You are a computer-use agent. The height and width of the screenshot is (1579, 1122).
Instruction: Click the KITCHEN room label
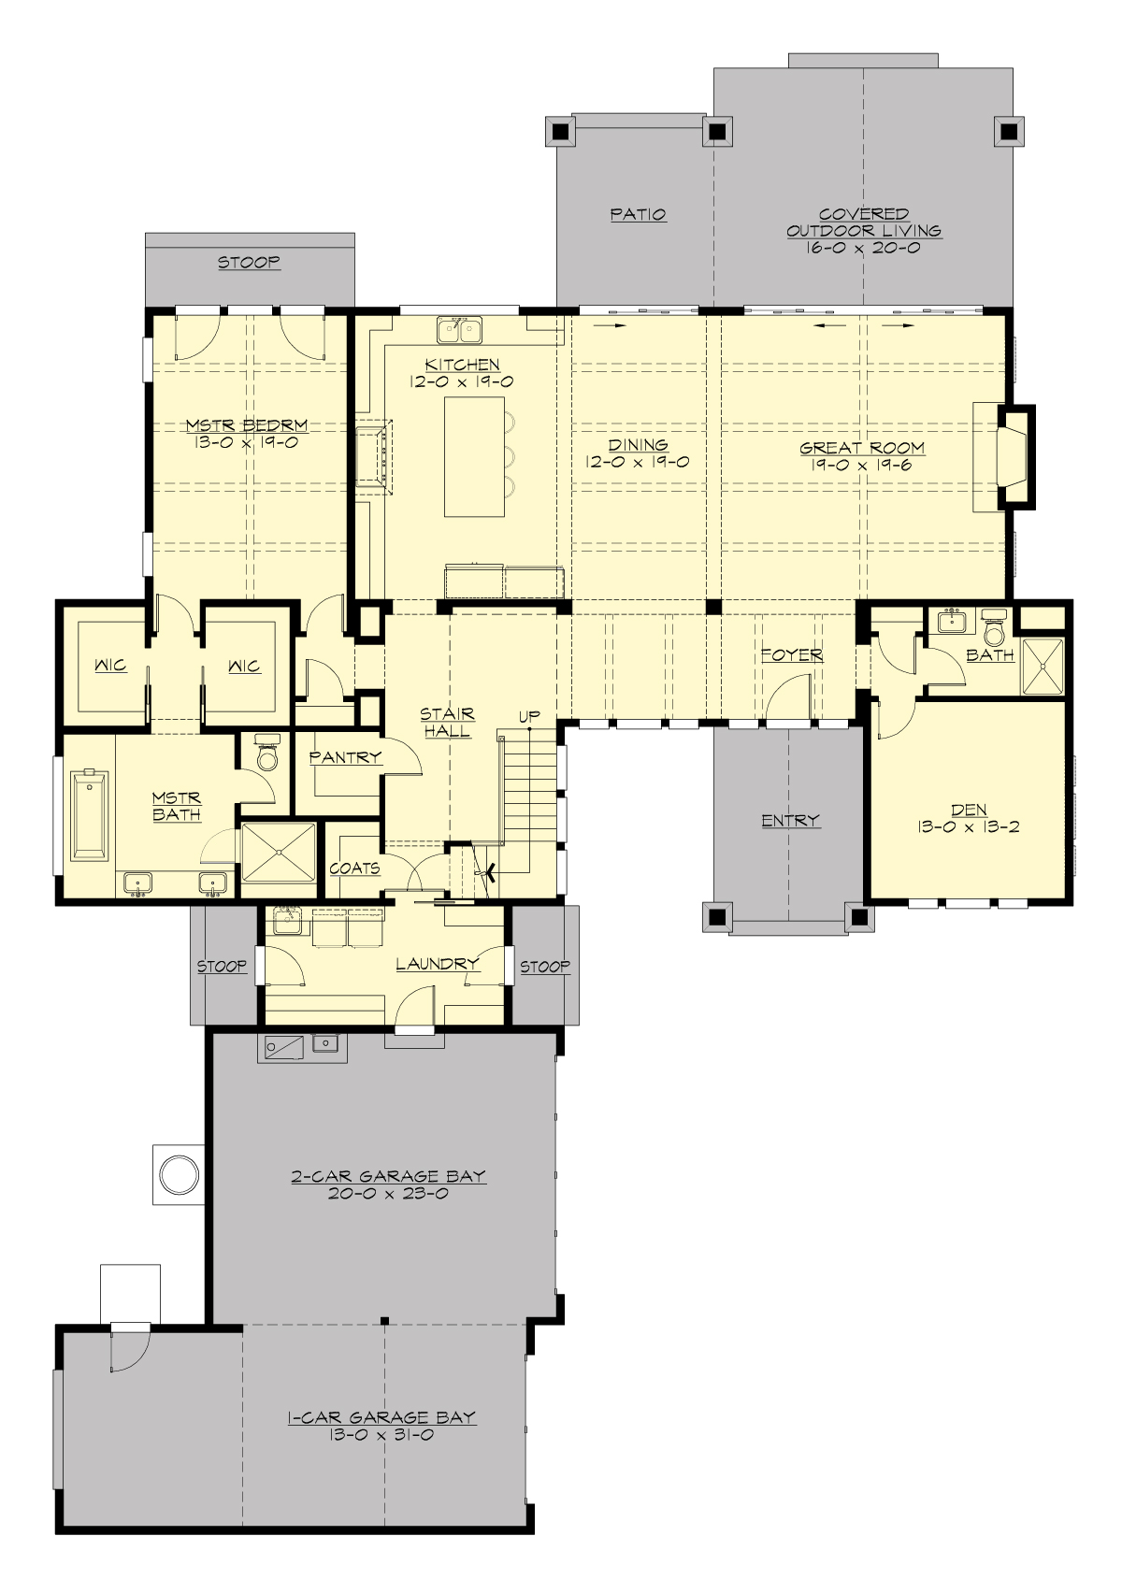tap(462, 365)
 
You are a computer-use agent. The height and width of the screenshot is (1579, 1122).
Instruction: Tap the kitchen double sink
tap(458, 329)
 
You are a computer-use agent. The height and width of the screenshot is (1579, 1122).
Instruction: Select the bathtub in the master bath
tap(90, 813)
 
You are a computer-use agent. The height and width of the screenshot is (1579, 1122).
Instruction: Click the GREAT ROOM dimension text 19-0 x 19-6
tap(862, 465)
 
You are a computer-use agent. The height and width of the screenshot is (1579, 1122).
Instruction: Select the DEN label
tap(970, 811)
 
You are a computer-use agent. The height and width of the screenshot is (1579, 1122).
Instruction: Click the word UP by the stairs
tap(529, 717)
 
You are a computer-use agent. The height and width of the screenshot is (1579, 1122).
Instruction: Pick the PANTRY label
tap(345, 757)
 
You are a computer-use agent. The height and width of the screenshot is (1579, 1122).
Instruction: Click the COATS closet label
tap(354, 868)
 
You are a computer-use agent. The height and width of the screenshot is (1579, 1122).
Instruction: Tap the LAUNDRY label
tap(437, 963)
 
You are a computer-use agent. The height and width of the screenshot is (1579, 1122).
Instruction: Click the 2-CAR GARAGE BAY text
tap(388, 1176)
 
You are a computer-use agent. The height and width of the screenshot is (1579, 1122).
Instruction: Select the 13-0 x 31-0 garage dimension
tap(381, 1435)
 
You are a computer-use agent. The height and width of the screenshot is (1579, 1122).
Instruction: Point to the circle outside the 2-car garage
tap(178, 1174)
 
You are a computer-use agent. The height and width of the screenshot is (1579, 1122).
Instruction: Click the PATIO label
tap(639, 214)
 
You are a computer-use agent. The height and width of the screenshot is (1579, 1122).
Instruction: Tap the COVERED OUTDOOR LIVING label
tap(863, 222)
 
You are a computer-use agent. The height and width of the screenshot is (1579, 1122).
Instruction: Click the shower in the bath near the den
tap(1043, 666)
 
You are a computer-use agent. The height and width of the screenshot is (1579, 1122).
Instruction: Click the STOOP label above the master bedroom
tap(249, 262)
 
